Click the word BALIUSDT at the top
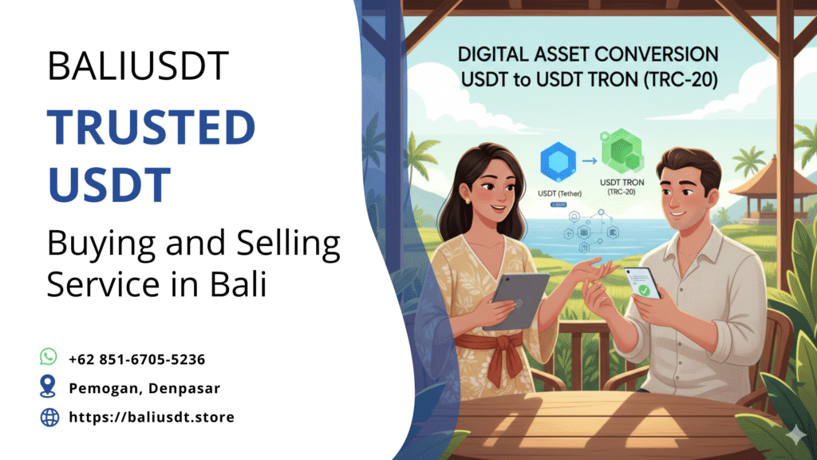(137, 65)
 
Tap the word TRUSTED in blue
(150, 128)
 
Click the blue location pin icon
(49, 387)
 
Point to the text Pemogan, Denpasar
(144, 388)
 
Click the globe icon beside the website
(49, 417)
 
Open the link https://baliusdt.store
(151, 417)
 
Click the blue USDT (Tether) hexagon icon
(558, 161)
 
